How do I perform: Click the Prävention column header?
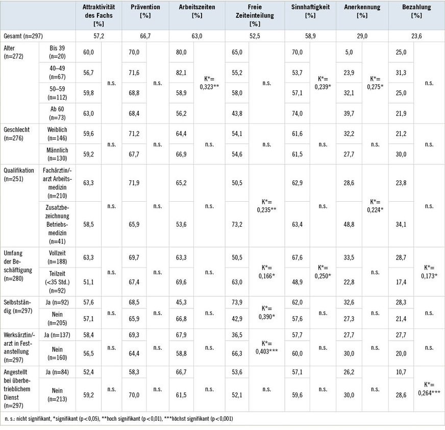point(145,11)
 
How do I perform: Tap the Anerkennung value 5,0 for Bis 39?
point(349,52)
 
